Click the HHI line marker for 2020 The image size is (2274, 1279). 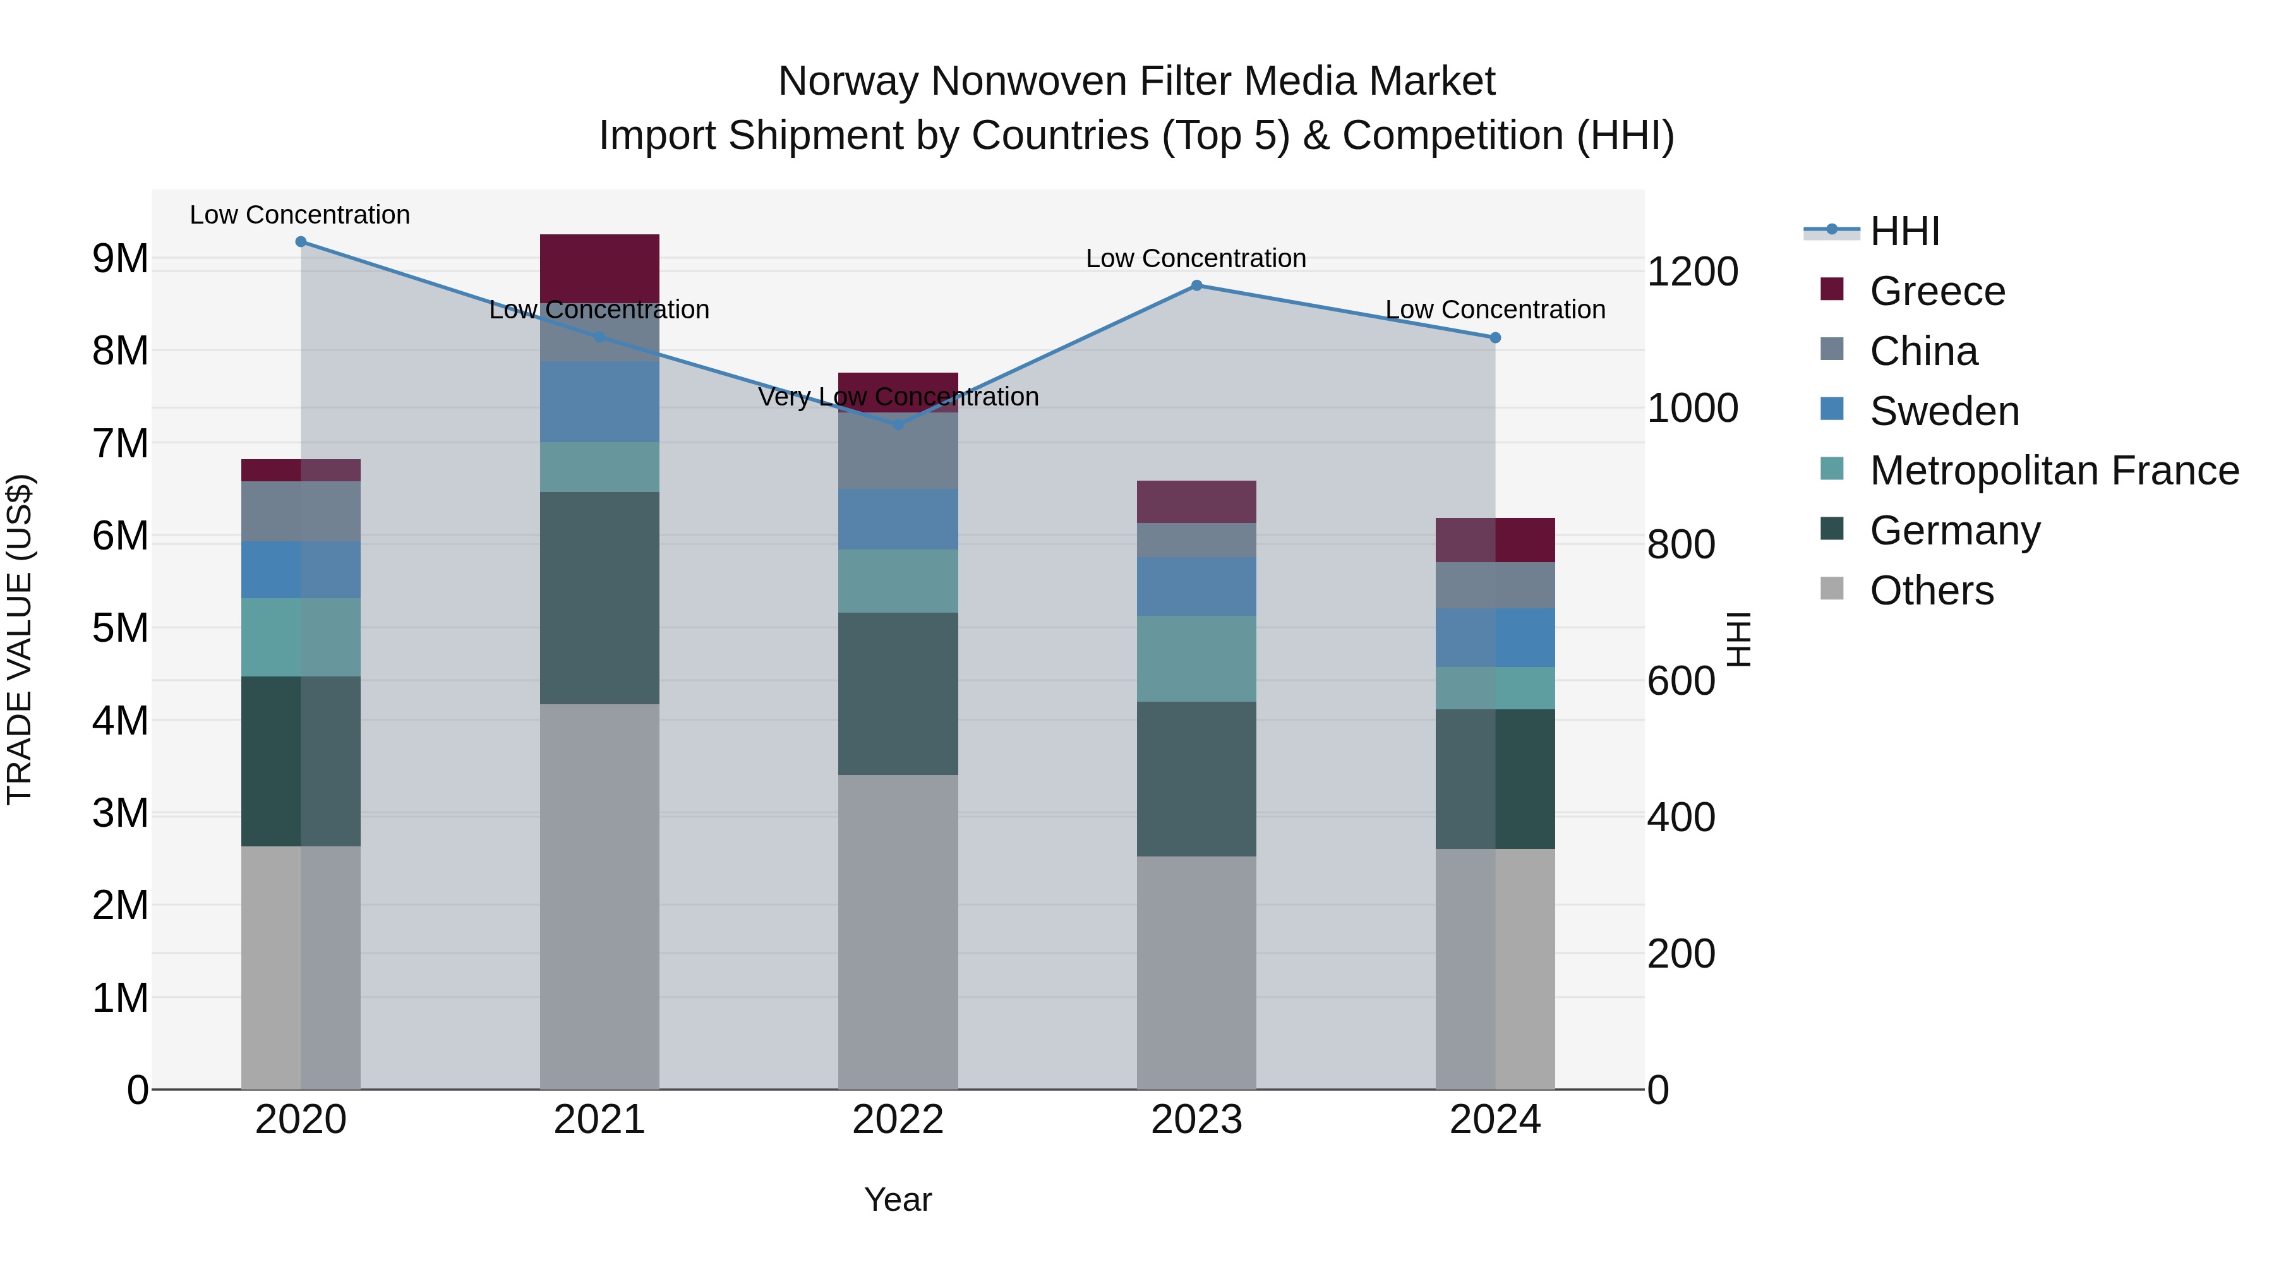(x=301, y=242)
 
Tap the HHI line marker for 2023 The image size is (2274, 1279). (x=1196, y=285)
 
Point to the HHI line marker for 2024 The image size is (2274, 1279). (x=1495, y=338)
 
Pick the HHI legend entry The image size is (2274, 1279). (x=1904, y=231)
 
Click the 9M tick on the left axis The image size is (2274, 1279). (x=120, y=258)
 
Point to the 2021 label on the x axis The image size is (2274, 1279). (x=599, y=1120)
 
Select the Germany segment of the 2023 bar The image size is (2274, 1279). (x=1196, y=779)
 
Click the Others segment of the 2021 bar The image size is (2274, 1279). (x=599, y=896)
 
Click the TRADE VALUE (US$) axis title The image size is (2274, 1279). (x=20, y=639)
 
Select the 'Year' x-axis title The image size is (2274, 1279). (x=898, y=1199)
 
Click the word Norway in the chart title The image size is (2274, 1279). (x=848, y=81)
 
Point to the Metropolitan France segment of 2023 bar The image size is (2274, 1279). (x=1196, y=659)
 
